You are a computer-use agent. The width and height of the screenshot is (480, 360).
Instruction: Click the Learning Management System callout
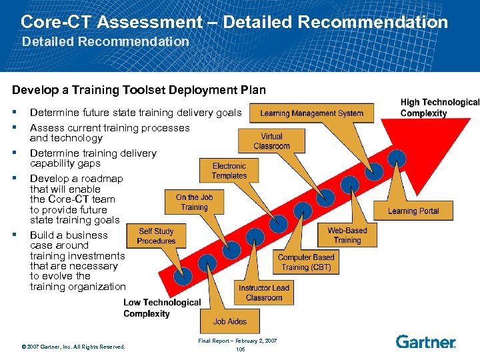point(311,113)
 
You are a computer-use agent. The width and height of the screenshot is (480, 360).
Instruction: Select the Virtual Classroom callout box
point(271,141)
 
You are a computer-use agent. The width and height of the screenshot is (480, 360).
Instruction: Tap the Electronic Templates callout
point(229,171)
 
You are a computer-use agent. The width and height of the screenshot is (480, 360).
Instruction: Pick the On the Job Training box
point(194,203)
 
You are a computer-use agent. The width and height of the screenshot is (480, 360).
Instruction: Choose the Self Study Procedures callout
point(156,237)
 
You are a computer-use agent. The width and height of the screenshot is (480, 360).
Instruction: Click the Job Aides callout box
point(229,321)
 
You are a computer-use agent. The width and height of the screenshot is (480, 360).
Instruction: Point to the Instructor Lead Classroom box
point(264,293)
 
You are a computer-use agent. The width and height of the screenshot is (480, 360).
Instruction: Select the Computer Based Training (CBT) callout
point(305,262)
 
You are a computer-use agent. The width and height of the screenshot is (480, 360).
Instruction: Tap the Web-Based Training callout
point(347,235)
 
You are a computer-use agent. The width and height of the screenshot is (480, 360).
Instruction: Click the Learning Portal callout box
point(413,211)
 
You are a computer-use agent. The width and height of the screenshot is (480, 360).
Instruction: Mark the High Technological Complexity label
point(439,107)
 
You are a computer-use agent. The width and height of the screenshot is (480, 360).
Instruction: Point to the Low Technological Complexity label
point(161,308)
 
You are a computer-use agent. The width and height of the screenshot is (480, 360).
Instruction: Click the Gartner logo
point(425,342)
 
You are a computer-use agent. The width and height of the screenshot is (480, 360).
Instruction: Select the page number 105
point(241,349)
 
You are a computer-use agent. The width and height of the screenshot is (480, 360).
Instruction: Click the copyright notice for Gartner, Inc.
point(73,347)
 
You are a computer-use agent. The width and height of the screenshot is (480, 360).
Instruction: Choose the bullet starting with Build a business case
point(77,261)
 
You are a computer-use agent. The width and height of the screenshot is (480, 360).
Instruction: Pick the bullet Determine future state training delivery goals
point(135,113)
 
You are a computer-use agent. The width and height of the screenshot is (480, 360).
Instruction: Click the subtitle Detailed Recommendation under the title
point(105,41)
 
